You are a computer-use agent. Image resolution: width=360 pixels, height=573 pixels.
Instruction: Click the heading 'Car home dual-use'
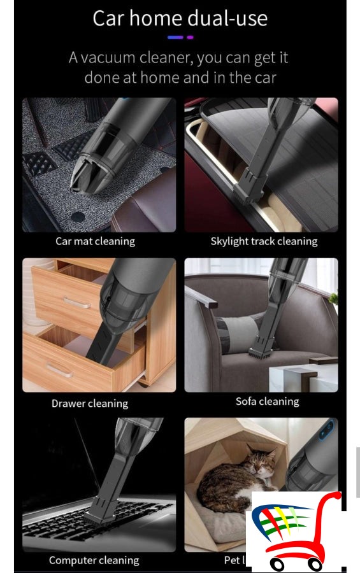180,18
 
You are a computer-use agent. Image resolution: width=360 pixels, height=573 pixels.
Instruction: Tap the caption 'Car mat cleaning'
95,241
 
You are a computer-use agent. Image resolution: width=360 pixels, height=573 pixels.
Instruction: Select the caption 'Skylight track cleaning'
264,241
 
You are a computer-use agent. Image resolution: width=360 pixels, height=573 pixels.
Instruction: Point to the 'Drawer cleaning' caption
90,403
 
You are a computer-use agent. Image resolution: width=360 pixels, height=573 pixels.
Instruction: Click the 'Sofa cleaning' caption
267,401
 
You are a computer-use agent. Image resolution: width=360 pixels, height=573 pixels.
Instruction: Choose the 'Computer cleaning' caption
94,560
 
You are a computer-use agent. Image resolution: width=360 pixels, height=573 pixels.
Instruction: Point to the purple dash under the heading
190,38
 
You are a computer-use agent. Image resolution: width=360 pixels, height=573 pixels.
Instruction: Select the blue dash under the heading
175,38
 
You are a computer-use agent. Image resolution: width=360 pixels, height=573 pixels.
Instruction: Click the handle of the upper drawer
77,302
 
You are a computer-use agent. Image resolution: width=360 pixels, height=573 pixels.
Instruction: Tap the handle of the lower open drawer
61,369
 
